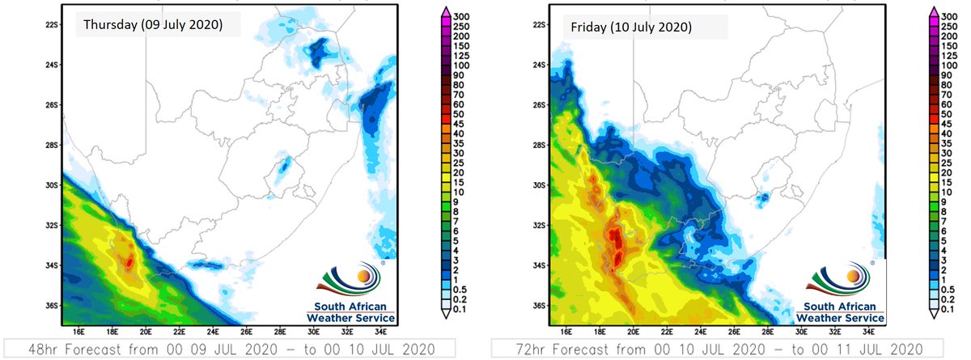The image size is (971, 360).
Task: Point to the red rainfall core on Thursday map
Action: [130, 260]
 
